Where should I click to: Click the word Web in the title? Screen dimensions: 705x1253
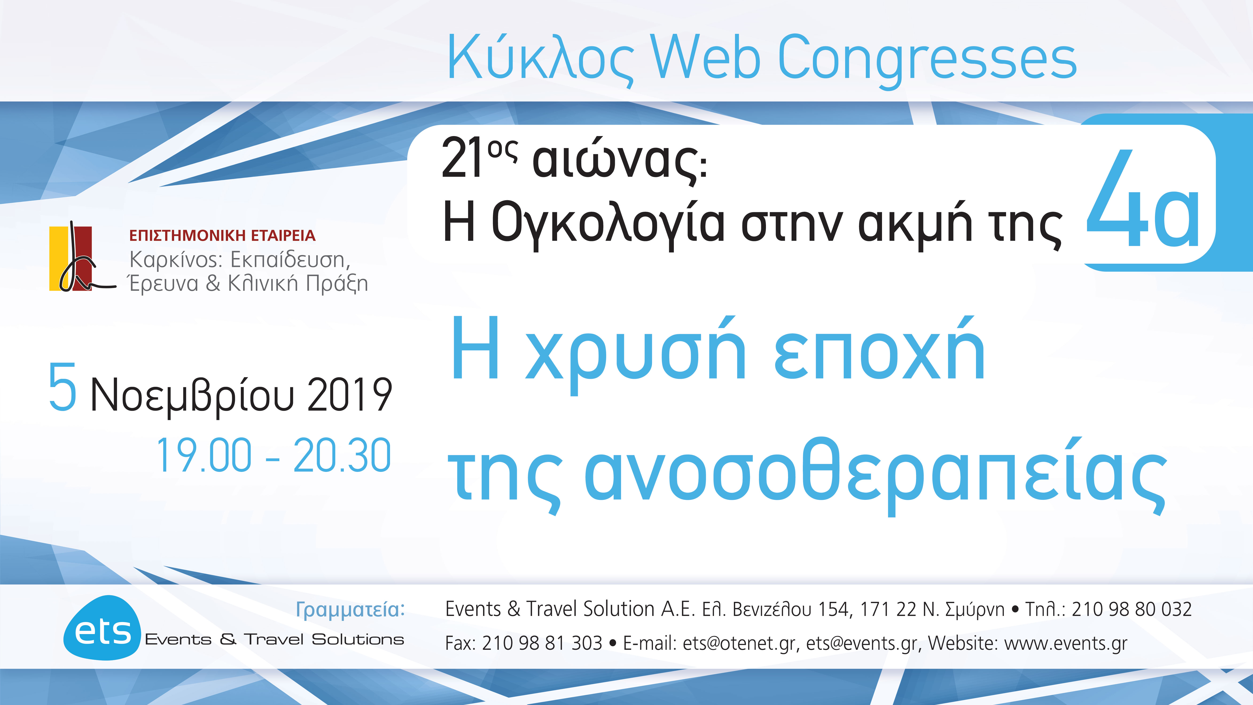point(705,57)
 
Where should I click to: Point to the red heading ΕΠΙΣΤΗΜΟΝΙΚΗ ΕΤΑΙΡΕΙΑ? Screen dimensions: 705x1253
point(222,235)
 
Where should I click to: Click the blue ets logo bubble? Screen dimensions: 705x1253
point(102,628)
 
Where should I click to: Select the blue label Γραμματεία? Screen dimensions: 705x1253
point(350,609)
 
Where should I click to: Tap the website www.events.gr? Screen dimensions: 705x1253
point(1065,643)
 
